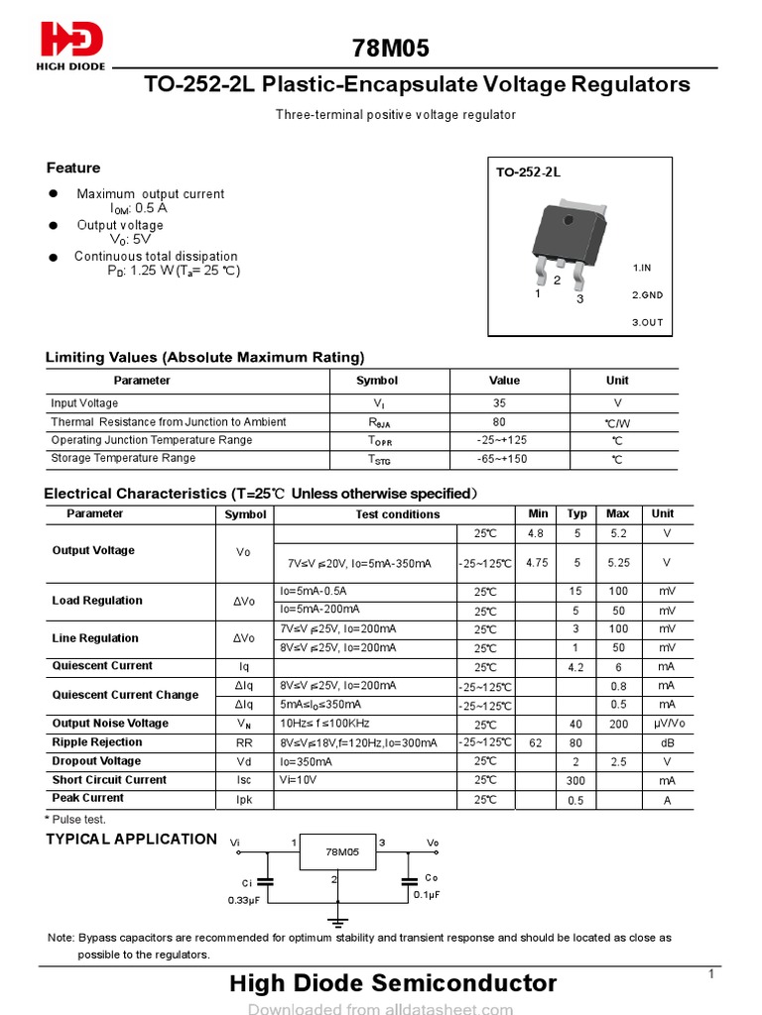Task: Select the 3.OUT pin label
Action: click(x=647, y=322)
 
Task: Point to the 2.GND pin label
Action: click(x=647, y=295)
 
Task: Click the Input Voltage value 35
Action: click(x=499, y=403)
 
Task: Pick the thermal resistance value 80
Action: click(x=499, y=422)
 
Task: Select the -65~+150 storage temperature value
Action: click(x=501, y=459)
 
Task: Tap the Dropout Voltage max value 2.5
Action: click(x=617, y=761)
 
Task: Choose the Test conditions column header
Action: click(x=397, y=514)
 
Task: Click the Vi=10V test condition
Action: click(x=299, y=780)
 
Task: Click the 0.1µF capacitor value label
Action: click(x=427, y=894)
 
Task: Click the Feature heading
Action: click(x=73, y=169)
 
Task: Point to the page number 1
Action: click(x=711, y=975)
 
